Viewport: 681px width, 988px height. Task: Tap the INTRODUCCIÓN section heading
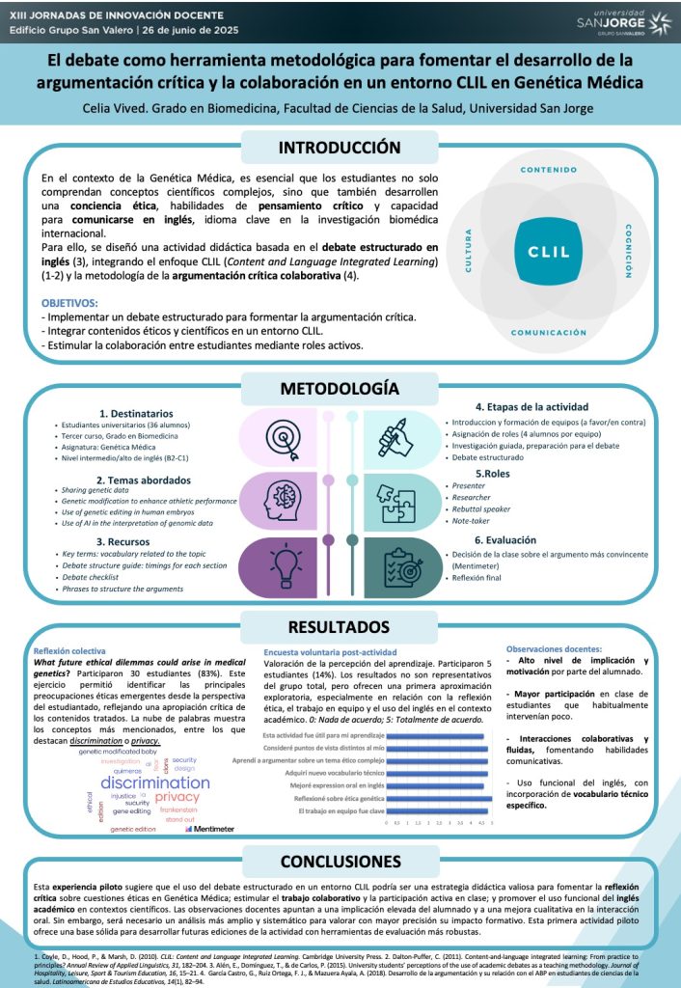coord(339,148)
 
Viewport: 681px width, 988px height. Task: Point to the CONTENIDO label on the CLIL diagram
coord(548,170)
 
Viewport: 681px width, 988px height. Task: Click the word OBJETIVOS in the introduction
coord(69,302)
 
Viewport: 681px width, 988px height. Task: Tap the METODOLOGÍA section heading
coord(339,389)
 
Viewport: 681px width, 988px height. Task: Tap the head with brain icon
coord(273,501)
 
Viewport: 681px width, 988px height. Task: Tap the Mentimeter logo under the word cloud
coord(214,829)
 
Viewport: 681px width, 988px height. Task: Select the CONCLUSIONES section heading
coord(339,861)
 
